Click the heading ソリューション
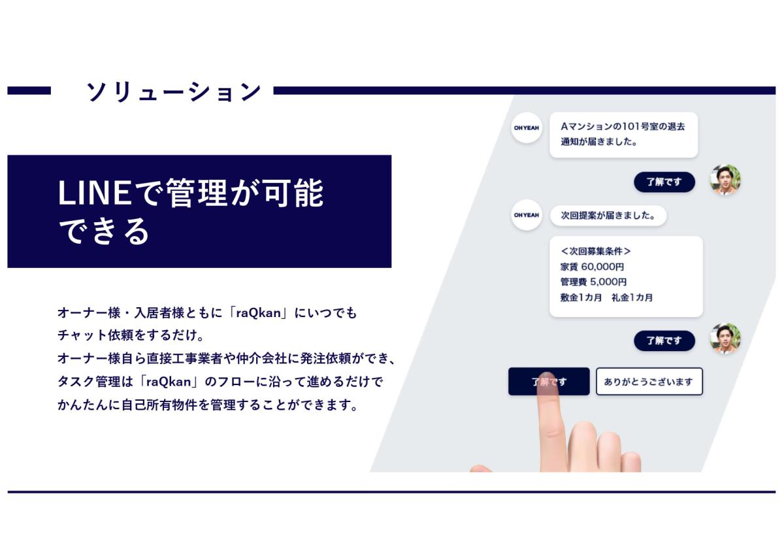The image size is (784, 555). coord(174,92)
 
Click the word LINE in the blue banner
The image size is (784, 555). coord(95,193)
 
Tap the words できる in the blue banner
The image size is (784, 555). coord(104,231)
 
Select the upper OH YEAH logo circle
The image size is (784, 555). coord(527,128)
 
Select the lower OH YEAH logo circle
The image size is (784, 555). coord(527,215)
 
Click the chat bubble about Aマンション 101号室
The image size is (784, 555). coord(624,135)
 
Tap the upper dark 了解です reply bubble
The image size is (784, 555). coord(664,182)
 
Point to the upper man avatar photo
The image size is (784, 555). coord(725,180)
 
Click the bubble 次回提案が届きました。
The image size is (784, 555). coord(608,215)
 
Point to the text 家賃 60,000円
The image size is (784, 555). coord(592,267)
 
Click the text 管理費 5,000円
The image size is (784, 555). coord(594,282)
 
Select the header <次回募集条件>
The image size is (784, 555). coord(595,251)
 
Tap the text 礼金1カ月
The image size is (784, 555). coord(632,297)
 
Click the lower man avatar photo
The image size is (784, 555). coord(725,339)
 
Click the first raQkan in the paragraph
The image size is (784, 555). coord(259,312)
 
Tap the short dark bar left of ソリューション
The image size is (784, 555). coord(29,91)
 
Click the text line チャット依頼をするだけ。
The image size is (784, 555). coord(131,335)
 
